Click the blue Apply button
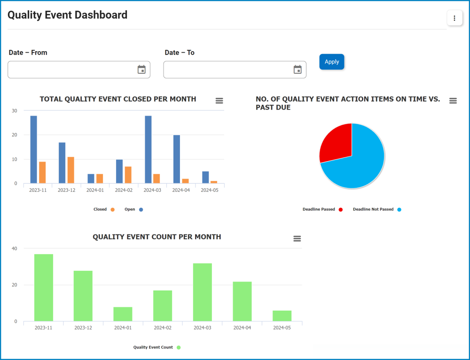coord(332,62)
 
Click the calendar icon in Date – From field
coord(141,70)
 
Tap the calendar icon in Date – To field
coord(298,70)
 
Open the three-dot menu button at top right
coord(454,18)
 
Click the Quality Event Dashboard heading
coord(67,15)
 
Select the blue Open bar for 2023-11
coord(33,149)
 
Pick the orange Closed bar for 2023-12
coord(70,170)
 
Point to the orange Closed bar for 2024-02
coord(128,174)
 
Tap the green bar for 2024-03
coord(203,292)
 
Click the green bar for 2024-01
coord(123,314)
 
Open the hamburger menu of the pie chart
coord(453,101)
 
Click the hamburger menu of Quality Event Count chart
coord(297,239)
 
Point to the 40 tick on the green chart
coord(14,249)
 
